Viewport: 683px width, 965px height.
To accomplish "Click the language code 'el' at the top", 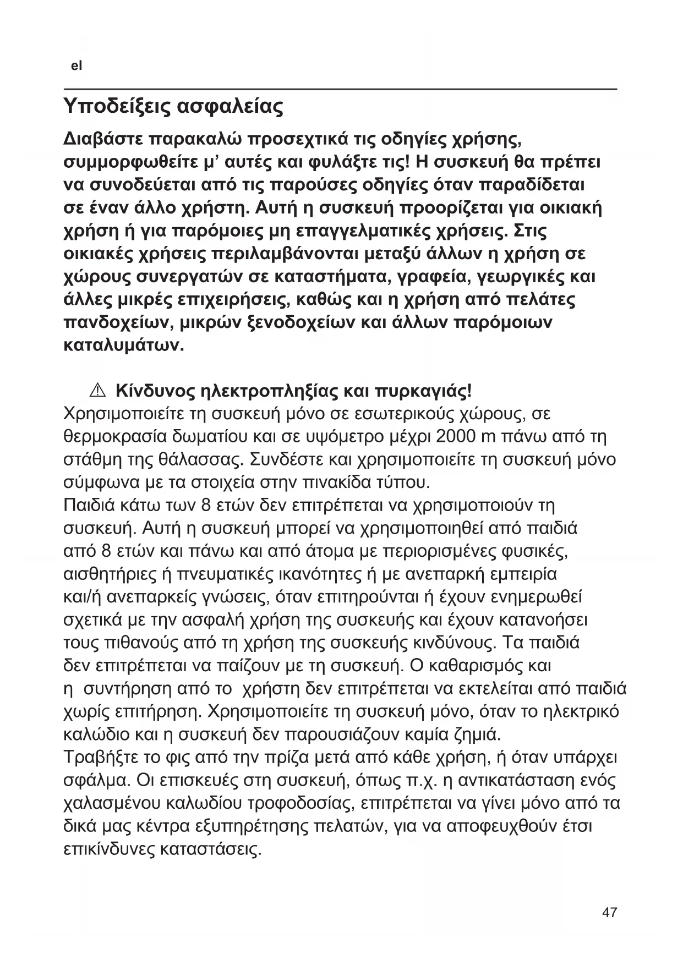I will (x=77, y=66).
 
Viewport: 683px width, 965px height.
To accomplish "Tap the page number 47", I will (x=609, y=912).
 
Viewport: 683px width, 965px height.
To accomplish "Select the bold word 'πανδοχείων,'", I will (x=117, y=323).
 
